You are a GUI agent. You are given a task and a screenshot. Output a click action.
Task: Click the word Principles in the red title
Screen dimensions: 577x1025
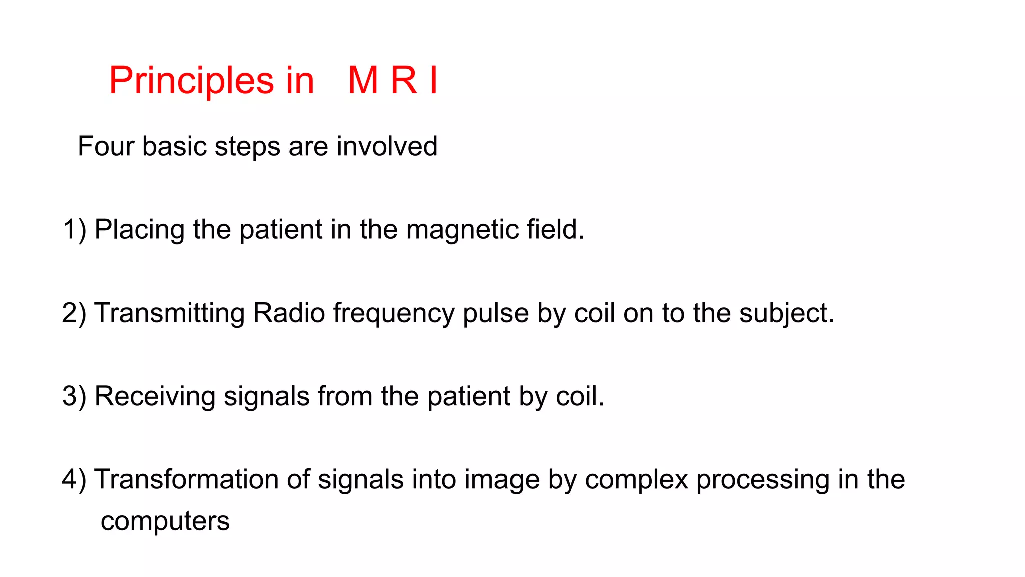click(x=191, y=81)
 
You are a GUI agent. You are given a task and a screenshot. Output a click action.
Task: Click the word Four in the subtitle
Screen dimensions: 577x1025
click(x=106, y=147)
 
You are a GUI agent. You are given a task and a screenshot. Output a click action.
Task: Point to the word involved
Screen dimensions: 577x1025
click(x=387, y=147)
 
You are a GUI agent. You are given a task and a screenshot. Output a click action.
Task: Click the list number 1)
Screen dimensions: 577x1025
click(x=74, y=230)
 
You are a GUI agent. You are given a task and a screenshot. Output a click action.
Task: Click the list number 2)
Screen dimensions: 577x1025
click(x=74, y=313)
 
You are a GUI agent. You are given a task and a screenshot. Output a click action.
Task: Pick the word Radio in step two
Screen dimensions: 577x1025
click(x=289, y=313)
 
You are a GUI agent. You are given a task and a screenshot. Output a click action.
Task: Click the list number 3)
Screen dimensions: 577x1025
click(x=74, y=396)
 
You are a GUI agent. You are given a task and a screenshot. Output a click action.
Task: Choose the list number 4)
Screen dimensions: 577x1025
click(x=74, y=479)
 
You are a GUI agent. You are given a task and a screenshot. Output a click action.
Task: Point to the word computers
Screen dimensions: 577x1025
click(x=165, y=522)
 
